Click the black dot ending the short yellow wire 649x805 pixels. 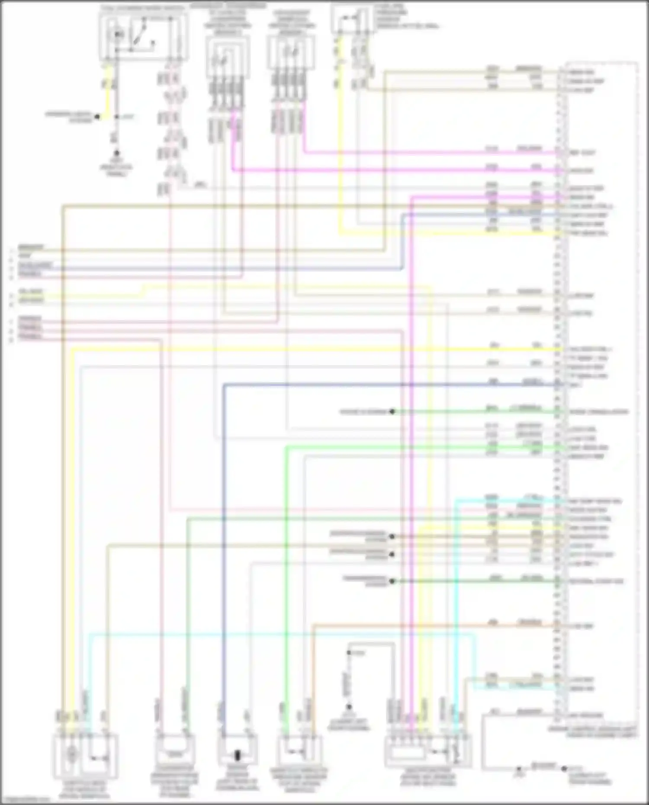pos(98,117)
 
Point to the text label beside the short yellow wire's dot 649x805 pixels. pos(69,117)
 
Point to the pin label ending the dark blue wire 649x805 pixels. pos(576,385)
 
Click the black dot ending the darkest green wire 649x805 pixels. pos(392,581)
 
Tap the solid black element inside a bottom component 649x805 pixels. pos(237,756)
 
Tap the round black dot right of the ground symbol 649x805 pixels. pos(564,769)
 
